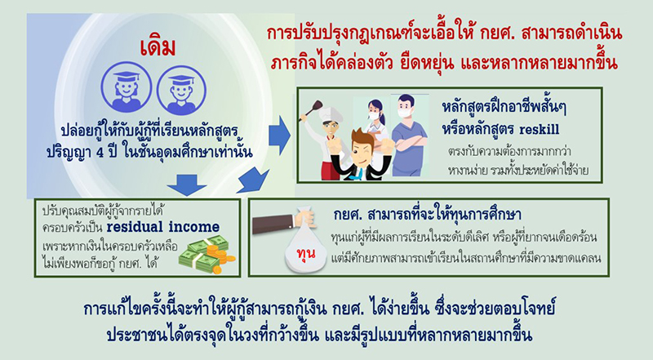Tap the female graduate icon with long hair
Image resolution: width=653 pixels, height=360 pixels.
pos(125,90)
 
